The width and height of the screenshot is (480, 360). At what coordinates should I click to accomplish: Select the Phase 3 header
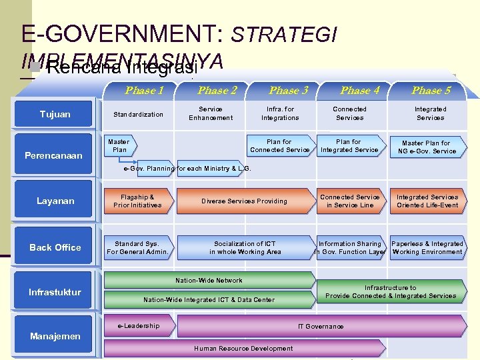288,90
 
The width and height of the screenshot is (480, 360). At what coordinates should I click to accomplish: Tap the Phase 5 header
431,90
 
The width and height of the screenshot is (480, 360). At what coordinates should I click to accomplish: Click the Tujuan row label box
55,114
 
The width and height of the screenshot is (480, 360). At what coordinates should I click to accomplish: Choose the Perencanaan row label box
53,155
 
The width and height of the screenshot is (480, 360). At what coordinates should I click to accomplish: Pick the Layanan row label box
55,201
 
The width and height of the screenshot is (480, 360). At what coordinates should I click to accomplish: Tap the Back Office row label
55,247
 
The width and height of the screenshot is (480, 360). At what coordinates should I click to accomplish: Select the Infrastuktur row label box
55,292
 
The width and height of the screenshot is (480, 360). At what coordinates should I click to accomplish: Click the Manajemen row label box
55,336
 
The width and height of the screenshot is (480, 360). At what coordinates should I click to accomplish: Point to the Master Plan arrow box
118,145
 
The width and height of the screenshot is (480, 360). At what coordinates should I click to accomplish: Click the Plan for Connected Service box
279,145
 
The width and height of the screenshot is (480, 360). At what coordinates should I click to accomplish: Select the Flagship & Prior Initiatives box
137,201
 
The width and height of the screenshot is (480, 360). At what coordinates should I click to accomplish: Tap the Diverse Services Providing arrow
244,201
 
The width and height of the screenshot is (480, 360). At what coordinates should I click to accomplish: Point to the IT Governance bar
321,326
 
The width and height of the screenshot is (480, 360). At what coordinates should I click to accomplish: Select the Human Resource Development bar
243,348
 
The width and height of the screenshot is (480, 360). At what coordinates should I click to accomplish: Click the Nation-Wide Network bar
209,281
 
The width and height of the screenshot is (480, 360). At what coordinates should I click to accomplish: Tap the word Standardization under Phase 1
138,114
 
